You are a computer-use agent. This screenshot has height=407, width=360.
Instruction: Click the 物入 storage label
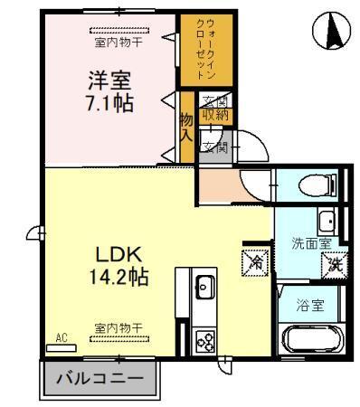[x=186, y=128]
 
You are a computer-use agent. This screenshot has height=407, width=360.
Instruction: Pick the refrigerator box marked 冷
[x=255, y=264]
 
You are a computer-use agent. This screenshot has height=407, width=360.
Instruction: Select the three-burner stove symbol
[x=204, y=341]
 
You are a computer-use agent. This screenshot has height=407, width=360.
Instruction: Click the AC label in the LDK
[x=62, y=339]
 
